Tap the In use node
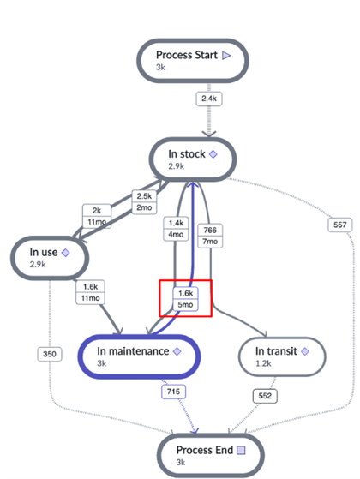[53, 256]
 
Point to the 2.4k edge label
[209, 99]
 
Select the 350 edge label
[49, 353]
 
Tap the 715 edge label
[173, 392]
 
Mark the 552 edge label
[264, 396]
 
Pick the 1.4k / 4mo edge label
[177, 229]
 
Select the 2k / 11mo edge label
[96, 215]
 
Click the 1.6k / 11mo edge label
[90, 292]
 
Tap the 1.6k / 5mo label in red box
[184, 298]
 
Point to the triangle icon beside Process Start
[226, 56]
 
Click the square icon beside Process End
[241, 450]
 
